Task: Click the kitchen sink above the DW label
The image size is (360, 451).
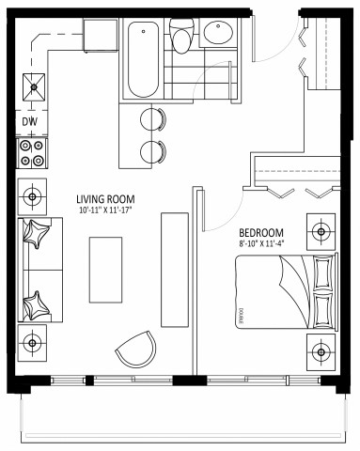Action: pos(35,89)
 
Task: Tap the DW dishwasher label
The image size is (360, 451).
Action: pos(29,121)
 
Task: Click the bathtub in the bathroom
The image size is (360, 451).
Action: pos(144,58)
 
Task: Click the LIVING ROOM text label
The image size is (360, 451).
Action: pos(104,199)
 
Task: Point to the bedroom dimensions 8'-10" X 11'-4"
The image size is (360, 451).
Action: pos(262,244)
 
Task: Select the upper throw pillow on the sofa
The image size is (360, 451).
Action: pos(39,236)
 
